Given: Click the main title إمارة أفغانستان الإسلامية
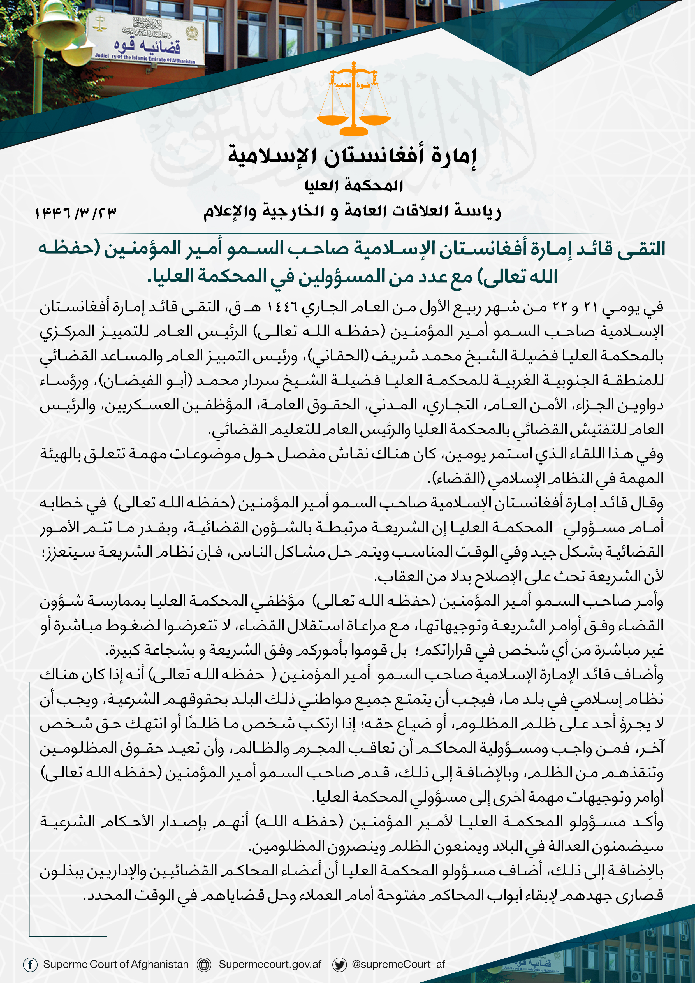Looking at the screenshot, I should tap(352, 156).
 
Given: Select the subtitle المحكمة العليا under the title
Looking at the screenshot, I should tap(354, 186).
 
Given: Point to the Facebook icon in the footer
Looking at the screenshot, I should tap(30, 964).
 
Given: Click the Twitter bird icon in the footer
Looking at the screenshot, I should tap(340, 964).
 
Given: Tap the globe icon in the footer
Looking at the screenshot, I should tap(204, 964).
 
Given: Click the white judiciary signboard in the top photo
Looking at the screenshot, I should tap(146, 39).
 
